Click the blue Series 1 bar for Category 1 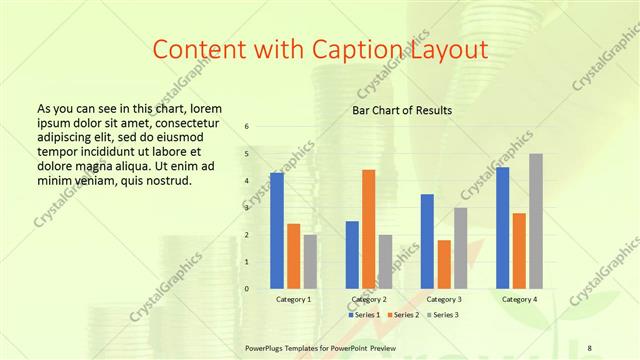[277, 231]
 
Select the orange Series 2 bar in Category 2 [368, 229]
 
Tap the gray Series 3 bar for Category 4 [536, 221]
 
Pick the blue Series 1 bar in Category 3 [427, 241]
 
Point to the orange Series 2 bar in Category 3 [444, 264]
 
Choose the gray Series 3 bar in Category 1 [310, 261]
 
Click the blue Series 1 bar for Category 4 [502, 228]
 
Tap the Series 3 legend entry [445, 315]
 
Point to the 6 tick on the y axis [247, 127]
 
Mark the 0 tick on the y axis [247, 289]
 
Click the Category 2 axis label [369, 299]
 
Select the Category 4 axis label [519, 299]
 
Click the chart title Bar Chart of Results [402, 110]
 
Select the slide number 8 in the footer [590, 348]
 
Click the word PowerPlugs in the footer [267, 348]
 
